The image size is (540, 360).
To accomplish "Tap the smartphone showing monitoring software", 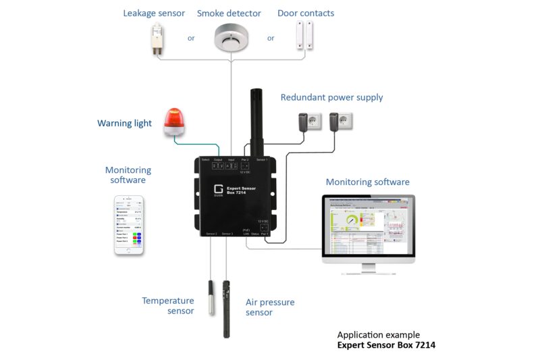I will (x=129, y=225).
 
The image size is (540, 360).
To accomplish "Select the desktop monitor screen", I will (x=368, y=226).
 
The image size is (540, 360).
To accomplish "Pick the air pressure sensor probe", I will (x=227, y=307).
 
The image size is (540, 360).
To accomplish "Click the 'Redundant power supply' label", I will (x=331, y=97).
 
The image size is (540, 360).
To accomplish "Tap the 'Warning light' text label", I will (x=124, y=124).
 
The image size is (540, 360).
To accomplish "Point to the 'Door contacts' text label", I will (x=306, y=14).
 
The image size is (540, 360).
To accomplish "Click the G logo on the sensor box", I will (x=218, y=190).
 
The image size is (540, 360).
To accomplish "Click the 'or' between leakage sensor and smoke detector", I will (x=191, y=38).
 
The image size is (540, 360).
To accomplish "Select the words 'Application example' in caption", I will (x=378, y=335).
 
